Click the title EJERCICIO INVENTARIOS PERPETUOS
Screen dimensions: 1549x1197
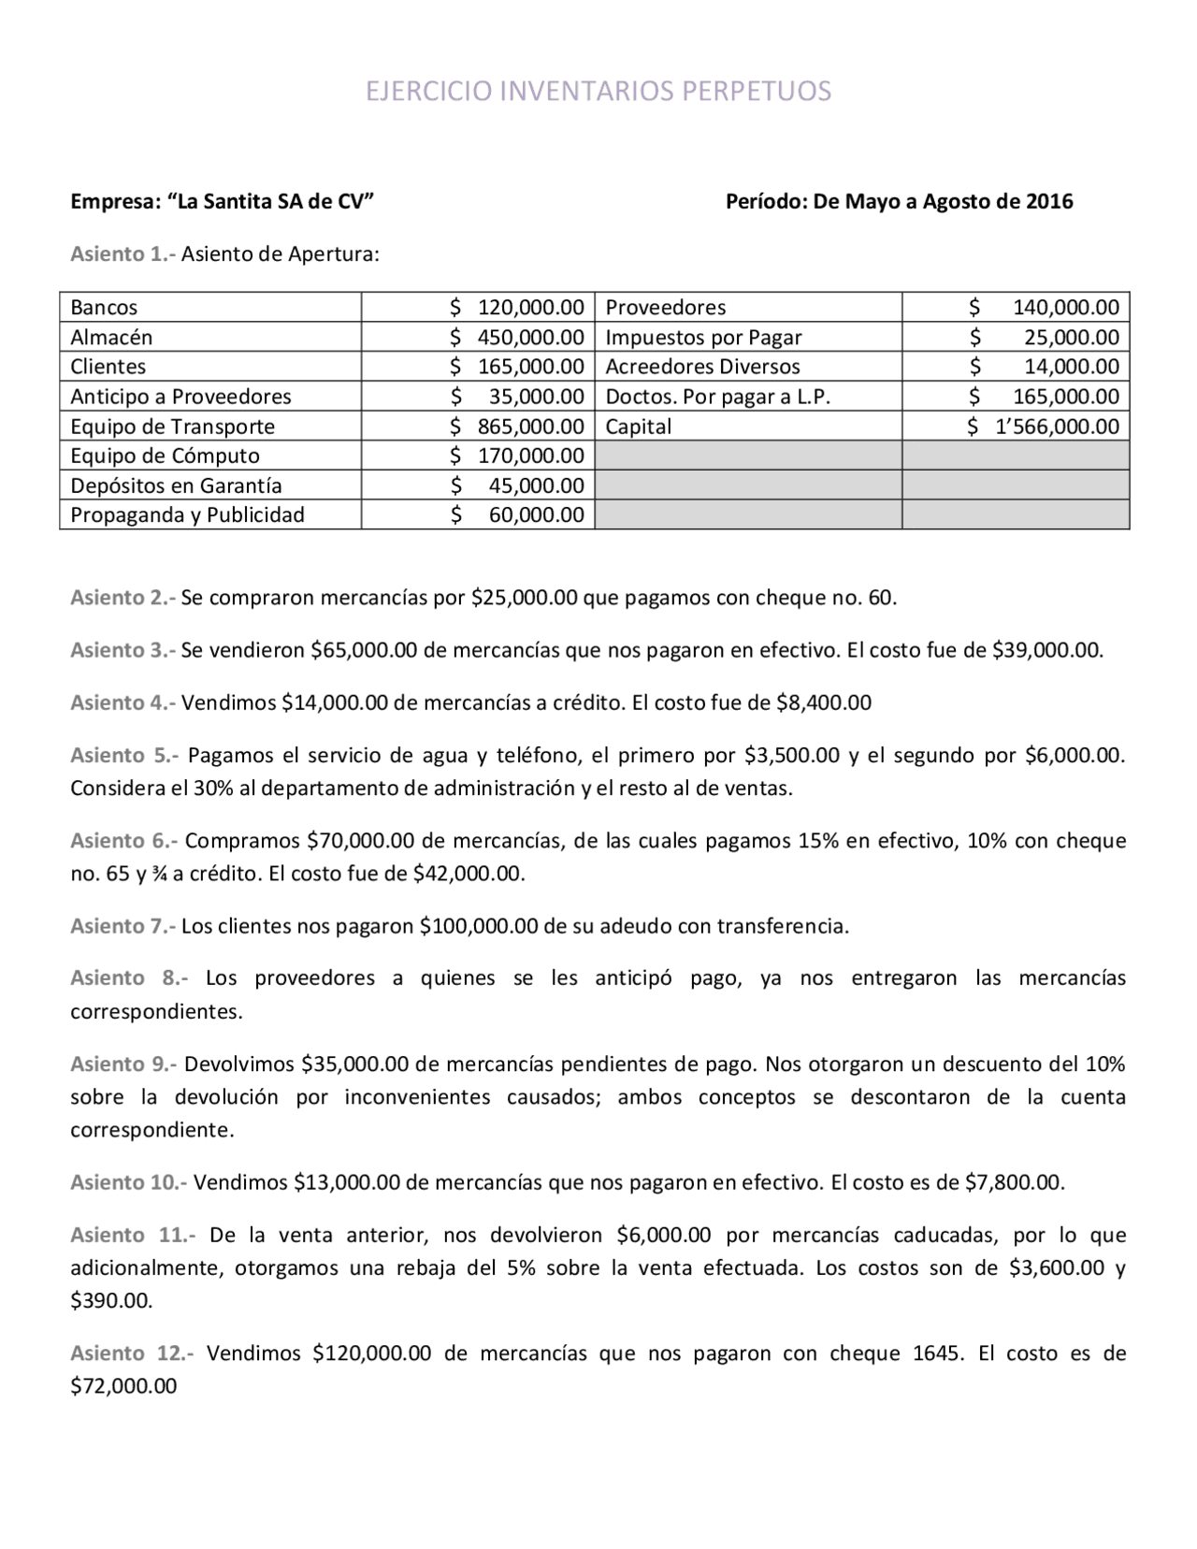click(598, 91)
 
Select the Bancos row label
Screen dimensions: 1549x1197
click(104, 307)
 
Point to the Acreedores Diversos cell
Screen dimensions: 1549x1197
click(702, 367)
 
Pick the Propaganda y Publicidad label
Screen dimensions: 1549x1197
click(187, 514)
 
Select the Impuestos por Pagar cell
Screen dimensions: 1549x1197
click(703, 337)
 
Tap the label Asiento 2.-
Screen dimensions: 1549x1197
click(122, 598)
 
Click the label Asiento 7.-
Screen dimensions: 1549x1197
click(122, 926)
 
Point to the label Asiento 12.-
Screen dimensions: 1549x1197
click(132, 1353)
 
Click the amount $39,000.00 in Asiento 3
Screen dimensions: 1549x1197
click(1046, 650)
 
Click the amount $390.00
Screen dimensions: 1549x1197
click(111, 1300)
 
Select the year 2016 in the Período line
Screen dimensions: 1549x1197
click(1049, 201)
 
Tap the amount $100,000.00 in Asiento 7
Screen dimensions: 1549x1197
click(479, 926)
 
